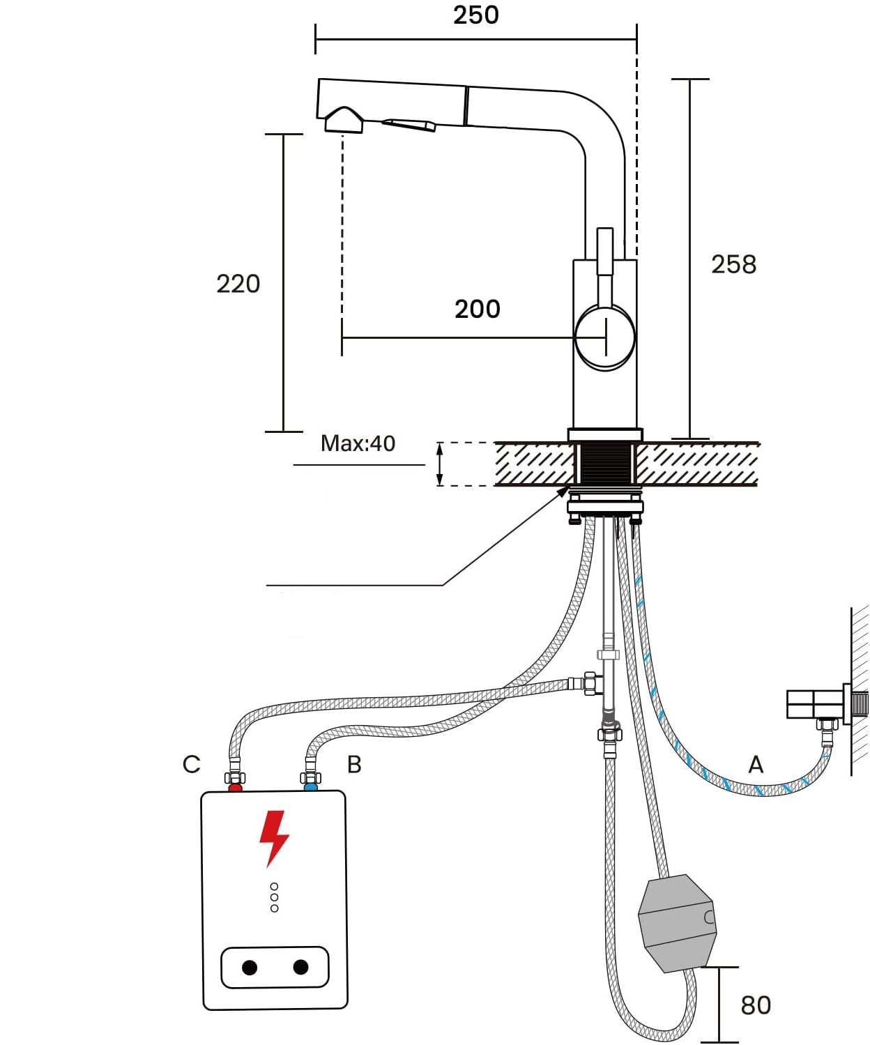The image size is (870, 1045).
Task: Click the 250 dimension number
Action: [x=476, y=15]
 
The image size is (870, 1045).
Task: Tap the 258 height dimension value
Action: [x=733, y=264]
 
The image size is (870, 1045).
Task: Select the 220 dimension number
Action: [x=238, y=284]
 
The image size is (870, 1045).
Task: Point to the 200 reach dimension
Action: [x=478, y=309]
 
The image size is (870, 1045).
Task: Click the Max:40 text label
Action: [x=358, y=443]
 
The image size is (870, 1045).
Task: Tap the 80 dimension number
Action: [x=756, y=1005]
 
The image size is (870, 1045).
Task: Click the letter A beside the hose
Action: [x=756, y=765]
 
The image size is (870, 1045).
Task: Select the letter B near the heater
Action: [x=354, y=765]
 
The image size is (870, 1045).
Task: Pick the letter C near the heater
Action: [x=191, y=765]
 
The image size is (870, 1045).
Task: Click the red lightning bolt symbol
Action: [x=274, y=837]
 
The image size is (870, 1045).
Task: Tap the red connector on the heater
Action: [x=236, y=788]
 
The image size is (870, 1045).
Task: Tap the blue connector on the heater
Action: [x=311, y=788]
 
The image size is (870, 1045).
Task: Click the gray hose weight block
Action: [x=677, y=923]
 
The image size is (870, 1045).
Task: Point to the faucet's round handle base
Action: [x=605, y=337]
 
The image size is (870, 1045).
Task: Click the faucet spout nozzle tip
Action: [x=343, y=121]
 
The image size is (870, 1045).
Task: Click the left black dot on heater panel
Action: [x=250, y=968]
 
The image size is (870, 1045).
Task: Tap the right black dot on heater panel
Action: [x=301, y=967]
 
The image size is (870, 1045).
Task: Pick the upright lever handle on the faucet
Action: [x=605, y=252]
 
